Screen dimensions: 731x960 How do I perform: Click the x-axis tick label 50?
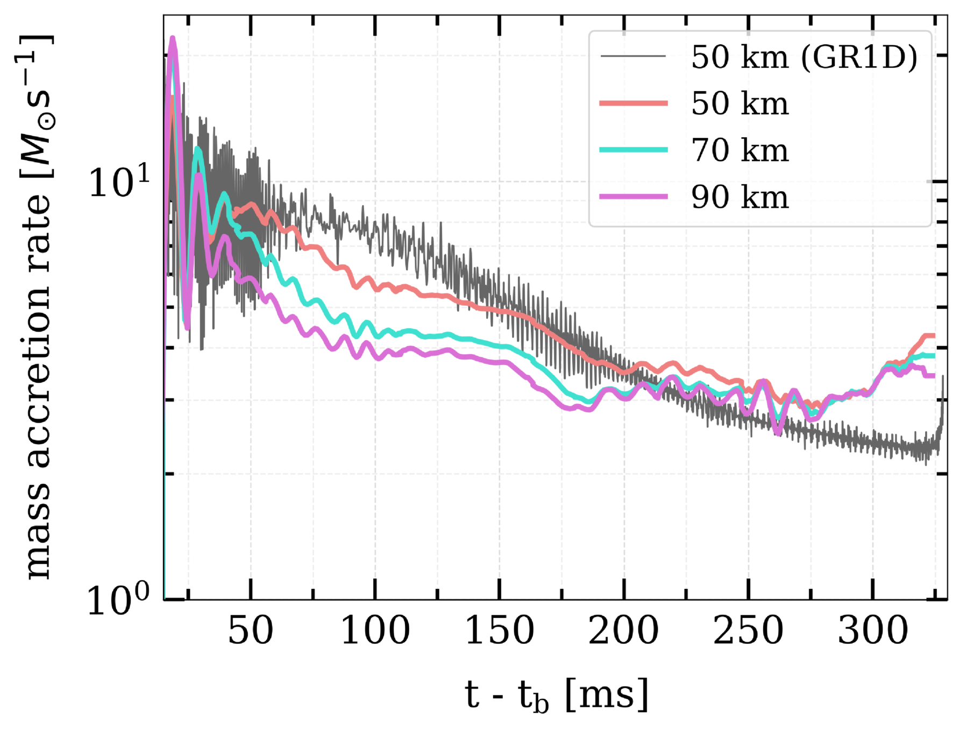coord(251,630)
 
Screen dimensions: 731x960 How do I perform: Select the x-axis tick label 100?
coord(375,630)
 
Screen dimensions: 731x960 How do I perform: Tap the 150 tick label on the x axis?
coord(499,630)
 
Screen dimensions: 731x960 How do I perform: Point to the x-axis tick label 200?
coord(623,630)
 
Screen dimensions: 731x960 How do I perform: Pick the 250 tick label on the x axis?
coord(748,630)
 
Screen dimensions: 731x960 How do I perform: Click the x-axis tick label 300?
coord(872,630)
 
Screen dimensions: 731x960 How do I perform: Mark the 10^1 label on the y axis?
coord(119,182)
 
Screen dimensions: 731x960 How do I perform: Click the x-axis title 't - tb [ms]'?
coord(557,695)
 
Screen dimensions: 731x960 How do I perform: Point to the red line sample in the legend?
coord(634,103)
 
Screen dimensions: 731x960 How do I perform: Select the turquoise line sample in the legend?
coord(634,150)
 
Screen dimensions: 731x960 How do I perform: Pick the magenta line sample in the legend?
coord(634,196)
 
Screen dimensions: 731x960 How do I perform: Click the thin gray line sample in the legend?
coord(634,56)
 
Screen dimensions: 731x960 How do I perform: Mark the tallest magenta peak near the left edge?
coord(173,39)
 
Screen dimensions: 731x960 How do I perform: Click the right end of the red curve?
coord(934,336)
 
